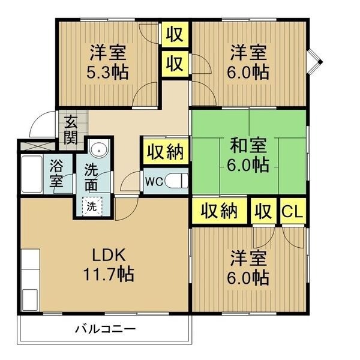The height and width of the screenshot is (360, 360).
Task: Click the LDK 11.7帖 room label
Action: pos(109,265)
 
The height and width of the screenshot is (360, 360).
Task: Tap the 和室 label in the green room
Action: pos(248,145)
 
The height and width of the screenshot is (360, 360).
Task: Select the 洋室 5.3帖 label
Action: pos(107,62)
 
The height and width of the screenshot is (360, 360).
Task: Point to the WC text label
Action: pos(154,182)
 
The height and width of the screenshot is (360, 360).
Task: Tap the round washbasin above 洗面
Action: pos(99,151)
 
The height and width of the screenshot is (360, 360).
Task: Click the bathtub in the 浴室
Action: pos(32,174)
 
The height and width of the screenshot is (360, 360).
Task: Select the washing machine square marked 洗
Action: pos(92,206)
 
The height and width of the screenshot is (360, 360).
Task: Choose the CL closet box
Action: pos(293,211)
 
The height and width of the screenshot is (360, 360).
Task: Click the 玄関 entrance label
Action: pos(71,130)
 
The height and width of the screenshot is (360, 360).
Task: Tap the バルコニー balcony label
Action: pos(106,329)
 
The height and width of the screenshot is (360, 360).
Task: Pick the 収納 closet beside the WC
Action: pos(166,152)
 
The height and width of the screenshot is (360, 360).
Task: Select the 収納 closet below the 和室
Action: pos(219,211)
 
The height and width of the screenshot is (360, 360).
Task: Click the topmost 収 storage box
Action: pos(175,34)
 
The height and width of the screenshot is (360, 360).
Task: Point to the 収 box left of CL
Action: pos(263,211)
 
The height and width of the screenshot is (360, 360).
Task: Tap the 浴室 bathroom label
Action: pos(56,173)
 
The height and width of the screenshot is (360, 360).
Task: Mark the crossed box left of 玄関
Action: pos(38,146)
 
